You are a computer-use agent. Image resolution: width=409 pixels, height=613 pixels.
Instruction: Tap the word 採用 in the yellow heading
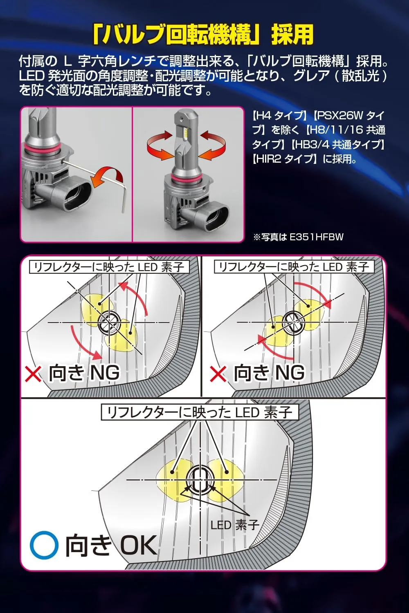point(292,35)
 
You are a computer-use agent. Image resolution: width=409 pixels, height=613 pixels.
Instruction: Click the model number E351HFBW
point(316,237)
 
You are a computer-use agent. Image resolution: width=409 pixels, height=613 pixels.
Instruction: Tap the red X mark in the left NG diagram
point(33,374)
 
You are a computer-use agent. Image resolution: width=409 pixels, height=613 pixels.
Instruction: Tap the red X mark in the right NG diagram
point(218,374)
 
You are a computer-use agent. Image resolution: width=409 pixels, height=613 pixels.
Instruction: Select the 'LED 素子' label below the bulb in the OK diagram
point(235,525)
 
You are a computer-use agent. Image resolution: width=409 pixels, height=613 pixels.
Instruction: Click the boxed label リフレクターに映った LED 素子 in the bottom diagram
point(200,412)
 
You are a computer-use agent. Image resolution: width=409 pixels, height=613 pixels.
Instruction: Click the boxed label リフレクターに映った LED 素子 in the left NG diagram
point(109,267)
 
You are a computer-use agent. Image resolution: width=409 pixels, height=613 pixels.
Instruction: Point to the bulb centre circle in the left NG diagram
point(109,323)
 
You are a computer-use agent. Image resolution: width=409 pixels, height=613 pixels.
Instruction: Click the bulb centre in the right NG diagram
point(294,323)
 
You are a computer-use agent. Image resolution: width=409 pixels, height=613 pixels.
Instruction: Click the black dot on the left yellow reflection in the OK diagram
point(172,472)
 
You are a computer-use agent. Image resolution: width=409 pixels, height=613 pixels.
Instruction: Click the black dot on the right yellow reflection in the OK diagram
point(226,472)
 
